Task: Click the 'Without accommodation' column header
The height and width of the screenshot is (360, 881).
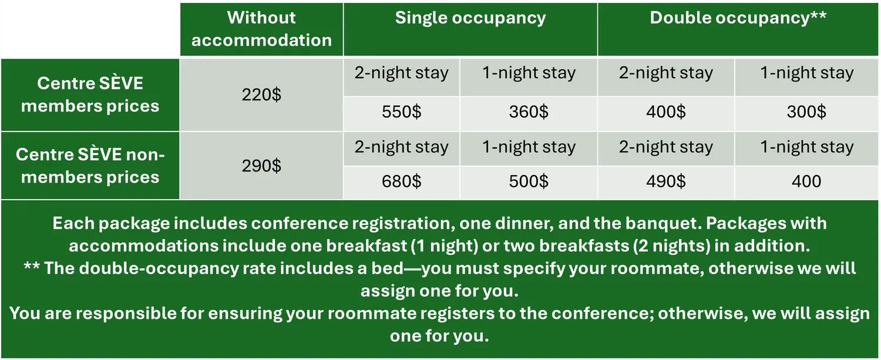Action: point(261,29)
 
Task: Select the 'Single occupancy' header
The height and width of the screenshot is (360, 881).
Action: point(470,18)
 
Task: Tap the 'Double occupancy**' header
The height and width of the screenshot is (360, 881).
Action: point(738,18)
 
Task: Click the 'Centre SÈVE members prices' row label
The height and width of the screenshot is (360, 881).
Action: point(90,95)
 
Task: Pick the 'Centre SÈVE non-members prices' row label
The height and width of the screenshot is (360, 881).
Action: point(90,166)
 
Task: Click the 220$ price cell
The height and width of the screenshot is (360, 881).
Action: point(261,95)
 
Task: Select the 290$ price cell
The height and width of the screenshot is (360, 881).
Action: point(261,166)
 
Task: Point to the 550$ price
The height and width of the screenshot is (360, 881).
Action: point(402,112)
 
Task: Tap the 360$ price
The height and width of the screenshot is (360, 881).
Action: point(529,112)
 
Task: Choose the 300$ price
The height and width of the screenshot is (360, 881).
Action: point(806,112)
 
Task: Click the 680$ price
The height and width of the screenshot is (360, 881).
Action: point(402,181)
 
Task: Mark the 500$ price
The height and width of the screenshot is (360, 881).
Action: point(529,181)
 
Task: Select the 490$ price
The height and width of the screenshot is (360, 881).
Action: point(666,181)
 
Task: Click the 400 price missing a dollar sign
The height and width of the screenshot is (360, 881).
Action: point(806,181)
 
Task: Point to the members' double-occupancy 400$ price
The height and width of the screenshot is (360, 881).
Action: point(666,112)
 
